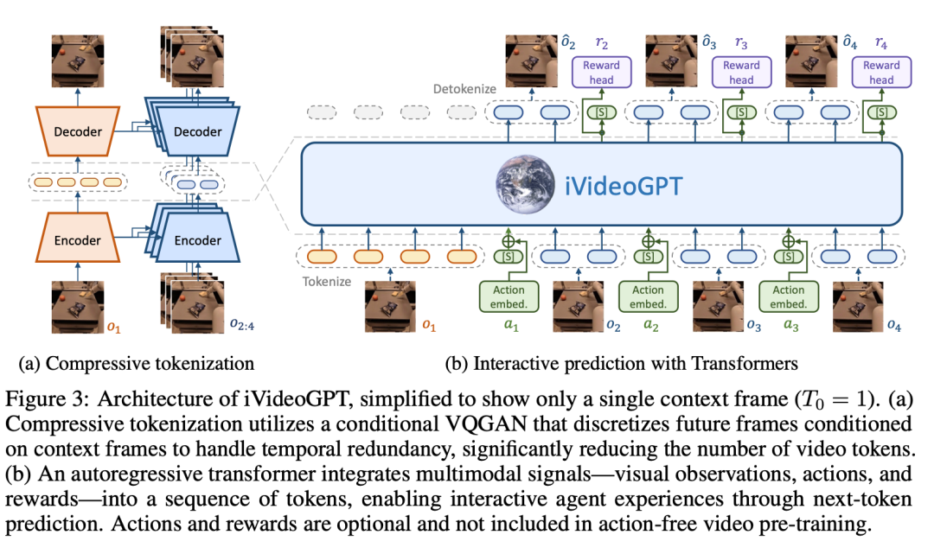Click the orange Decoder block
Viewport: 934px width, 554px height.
[77, 132]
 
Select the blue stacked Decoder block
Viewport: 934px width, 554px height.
[197, 132]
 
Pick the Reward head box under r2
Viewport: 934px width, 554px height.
[601, 73]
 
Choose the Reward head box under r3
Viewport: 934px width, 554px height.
[741, 73]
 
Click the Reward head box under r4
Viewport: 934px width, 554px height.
[881, 73]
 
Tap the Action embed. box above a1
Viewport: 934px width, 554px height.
[508, 296]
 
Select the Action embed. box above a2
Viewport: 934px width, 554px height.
[648, 296]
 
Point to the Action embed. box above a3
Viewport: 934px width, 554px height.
[788, 296]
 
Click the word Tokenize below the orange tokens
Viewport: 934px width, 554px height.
[329, 282]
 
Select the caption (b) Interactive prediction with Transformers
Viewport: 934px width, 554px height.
[621, 362]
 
